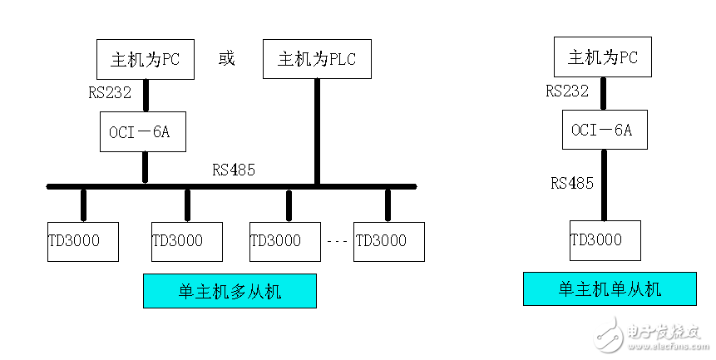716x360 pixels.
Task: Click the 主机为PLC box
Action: pos(317,58)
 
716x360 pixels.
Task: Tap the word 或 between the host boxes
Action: pos(226,58)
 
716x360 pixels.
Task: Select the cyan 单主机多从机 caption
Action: pos(230,291)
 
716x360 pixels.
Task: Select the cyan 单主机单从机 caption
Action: pos(609,289)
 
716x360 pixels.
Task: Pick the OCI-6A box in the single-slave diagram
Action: pos(602,130)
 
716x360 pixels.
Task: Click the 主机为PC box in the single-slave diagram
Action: pos(603,57)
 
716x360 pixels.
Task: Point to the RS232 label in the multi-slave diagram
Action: pos(109,93)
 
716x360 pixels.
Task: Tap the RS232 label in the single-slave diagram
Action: pos(567,91)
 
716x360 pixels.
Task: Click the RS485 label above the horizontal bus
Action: pos(234,170)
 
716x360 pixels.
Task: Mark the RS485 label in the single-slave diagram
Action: pos(571,183)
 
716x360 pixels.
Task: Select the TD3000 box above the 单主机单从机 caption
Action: pos(605,240)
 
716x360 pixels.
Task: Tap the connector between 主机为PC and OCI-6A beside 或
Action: pos(146,95)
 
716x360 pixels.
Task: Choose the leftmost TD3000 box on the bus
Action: pos(82,241)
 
